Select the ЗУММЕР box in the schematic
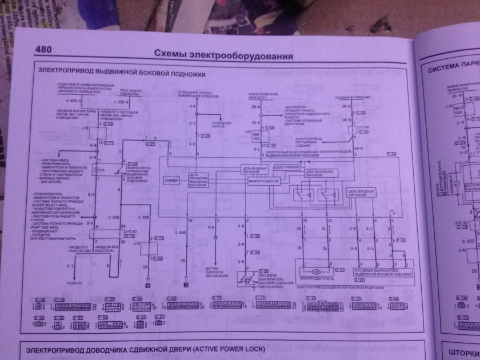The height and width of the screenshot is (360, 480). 171,180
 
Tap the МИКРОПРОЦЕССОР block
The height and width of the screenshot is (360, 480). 263,180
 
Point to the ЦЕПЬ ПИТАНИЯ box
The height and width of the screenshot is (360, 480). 287,167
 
